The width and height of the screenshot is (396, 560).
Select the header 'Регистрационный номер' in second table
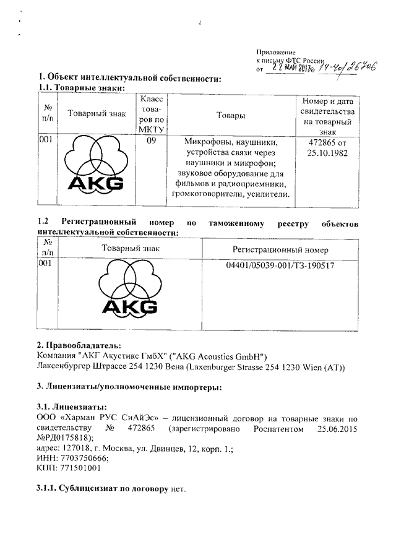(x=280, y=249)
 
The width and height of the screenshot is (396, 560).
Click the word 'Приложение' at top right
(x=276, y=53)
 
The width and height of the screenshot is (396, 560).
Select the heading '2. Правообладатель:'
(x=79, y=345)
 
